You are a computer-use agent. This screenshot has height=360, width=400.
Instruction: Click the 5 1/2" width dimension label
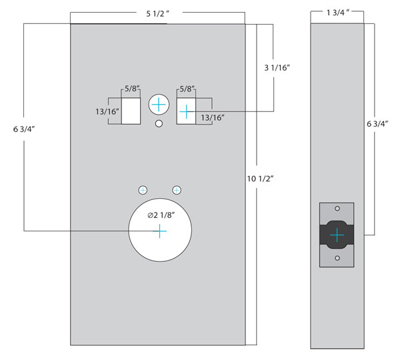coord(158,12)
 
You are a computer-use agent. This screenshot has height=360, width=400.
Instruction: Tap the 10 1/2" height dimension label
coord(260,178)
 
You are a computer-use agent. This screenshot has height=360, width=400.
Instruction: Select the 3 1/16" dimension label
coord(278,68)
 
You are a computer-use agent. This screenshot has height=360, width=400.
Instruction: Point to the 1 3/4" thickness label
coord(336,12)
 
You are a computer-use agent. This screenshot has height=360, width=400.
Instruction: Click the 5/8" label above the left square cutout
coord(131,89)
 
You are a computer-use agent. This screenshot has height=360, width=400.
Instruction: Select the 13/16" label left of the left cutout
coord(107,111)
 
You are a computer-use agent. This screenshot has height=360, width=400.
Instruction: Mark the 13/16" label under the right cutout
coord(212,118)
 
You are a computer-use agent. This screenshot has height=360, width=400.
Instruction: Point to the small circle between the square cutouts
coord(159,105)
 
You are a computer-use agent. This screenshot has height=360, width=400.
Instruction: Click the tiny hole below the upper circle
coord(159,124)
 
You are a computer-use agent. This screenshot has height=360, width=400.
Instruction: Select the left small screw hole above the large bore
coord(143,190)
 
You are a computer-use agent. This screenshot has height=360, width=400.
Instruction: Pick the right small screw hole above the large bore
coord(177,190)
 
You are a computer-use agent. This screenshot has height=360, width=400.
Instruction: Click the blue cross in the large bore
coord(159,231)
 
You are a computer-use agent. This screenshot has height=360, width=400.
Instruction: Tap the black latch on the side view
coord(337,235)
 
